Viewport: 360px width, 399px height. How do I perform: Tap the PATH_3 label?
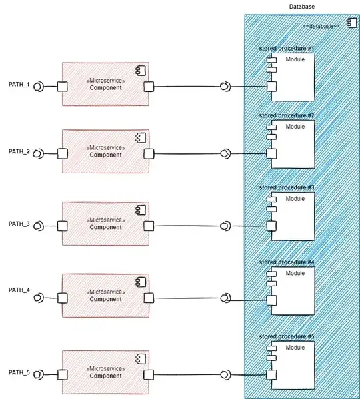[x=19, y=223]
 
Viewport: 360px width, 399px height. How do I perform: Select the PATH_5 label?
[x=19, y=372]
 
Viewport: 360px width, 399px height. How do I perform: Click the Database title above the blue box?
[x=301, y=7]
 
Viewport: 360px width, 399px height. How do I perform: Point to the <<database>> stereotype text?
[x=321, y=26]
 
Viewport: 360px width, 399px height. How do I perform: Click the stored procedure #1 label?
[x=287, y=49]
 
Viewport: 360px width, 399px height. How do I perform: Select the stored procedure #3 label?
[x=287, y=188]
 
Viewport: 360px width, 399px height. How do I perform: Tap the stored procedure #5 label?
[x=287, y=337]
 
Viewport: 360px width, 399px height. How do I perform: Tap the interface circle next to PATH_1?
[x=39, y=86]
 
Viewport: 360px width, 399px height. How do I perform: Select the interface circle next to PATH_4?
[x=39, y=297]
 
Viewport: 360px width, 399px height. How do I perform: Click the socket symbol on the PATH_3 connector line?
[x=226, y=226]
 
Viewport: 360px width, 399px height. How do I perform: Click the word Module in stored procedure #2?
[x=295, y=126]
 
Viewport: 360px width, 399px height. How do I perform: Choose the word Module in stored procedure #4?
[x=295, y=273]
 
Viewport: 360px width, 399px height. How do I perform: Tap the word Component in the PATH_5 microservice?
[x=106, y=376]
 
